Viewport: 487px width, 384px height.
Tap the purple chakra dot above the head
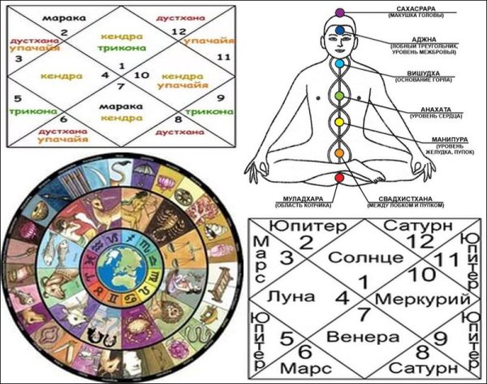pyautogui.click(x=341, y=12)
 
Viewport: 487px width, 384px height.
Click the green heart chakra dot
pyautogui.click(x=341, y=96)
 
